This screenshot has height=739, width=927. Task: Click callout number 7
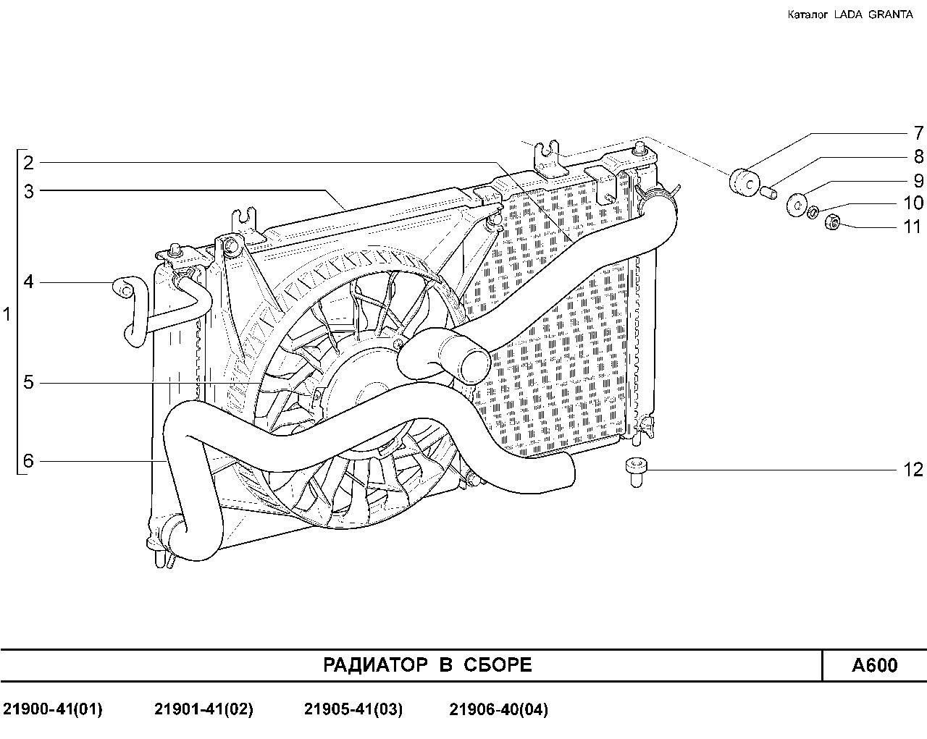(x=918, y=133)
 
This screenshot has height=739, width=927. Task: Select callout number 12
(x=913, y=470)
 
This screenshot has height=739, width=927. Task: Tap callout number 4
(x=28, y=282)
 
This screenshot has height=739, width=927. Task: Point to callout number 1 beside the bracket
(x=7, y=314)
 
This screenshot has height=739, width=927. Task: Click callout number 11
(x=913, y=227)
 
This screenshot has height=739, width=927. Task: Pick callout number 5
(x=28, y=382)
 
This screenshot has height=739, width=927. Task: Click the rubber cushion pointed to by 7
(x=744, y=183)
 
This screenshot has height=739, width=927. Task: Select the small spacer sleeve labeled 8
(x=769, y=192)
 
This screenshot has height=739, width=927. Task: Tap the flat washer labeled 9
(x=797, y=205)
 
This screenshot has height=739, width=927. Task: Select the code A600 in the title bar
(x=875, y=665)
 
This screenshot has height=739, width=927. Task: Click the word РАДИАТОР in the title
(x=375, y=665)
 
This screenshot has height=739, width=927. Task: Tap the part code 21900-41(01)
(x=53, y=709)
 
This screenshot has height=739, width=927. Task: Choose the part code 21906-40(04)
(x=498, y=709)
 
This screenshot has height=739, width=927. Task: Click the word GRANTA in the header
(x=890, y=14)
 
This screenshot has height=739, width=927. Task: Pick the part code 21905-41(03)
(x=353, y=709)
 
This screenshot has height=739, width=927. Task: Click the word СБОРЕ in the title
(x=498, y=665)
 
